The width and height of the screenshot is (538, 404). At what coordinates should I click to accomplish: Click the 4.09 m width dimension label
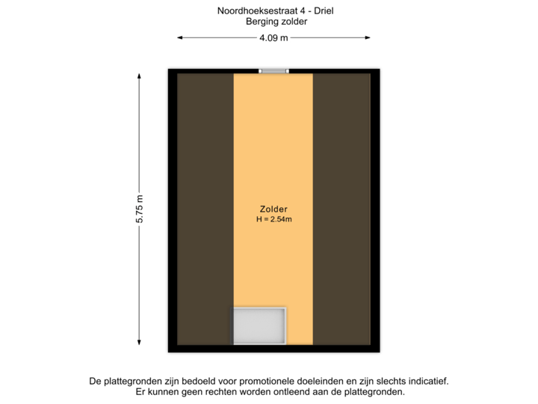tap(273, 37)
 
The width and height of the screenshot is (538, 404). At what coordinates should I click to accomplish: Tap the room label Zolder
tap(274, 209)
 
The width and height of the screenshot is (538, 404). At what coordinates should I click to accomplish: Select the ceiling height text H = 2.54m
tap(273, 220)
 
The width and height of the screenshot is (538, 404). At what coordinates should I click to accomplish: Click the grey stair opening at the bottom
tap(259, 325)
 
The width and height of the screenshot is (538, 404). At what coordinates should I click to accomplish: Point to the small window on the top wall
tap(273, 71)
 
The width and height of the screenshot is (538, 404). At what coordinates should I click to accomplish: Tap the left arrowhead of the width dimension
tap(180, 37)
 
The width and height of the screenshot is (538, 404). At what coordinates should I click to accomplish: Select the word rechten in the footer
tap(208, 392)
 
